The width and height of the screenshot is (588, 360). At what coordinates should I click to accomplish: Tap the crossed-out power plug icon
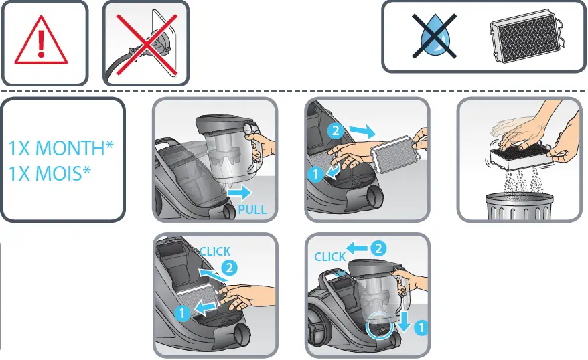(145, 43)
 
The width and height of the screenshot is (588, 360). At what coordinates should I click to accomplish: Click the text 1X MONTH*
(61, 147)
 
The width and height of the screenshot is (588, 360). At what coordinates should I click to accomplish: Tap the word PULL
(252, 209)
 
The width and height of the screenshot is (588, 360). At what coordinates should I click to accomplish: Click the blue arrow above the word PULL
(239, 194)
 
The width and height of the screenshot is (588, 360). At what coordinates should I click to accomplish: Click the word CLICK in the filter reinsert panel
(215, 251)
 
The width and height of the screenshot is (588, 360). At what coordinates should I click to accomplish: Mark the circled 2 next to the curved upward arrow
(229, 268)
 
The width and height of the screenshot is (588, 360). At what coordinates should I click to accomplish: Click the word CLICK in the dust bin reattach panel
(330, 256)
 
